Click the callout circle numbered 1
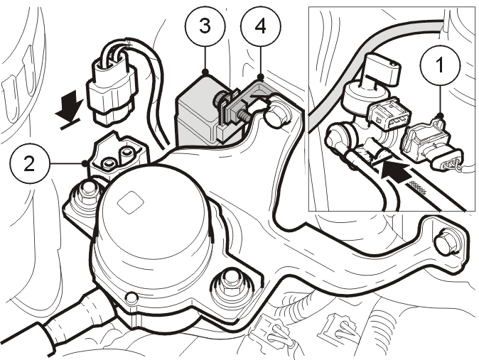coord(440,65)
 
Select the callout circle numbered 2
coord(29,164)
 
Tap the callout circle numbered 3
coord(205,26)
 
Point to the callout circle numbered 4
coord(260,26)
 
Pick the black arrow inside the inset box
coord(397,172)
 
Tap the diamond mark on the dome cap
coord(131,202)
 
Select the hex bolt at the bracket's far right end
coord(448,241)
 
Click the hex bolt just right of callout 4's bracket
coord(277,115)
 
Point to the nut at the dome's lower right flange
coord(232,284)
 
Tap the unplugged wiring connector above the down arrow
coord(112,88)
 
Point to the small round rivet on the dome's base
coord(131,298)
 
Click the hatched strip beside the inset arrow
coord(418,187)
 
